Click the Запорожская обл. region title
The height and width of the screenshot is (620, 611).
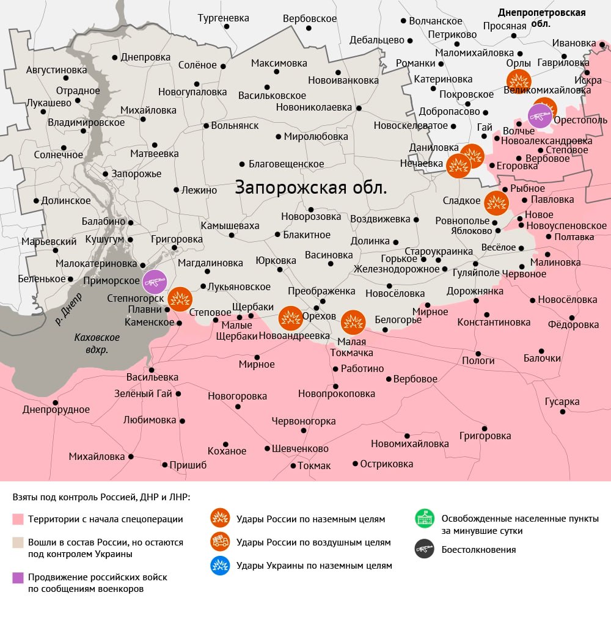311,187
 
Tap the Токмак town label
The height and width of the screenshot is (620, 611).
314,465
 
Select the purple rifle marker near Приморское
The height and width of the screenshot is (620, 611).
155,282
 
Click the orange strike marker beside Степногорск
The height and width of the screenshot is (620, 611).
180,299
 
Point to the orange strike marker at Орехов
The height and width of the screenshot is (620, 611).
290,318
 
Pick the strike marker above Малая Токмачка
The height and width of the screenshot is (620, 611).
353,322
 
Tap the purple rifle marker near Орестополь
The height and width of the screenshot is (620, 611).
540,116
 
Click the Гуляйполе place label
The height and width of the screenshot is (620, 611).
476,273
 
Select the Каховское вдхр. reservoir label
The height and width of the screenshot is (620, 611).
97,343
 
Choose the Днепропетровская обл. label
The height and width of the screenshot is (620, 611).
542,18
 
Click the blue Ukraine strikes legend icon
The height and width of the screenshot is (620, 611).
220,566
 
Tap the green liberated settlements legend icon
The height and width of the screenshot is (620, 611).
425,519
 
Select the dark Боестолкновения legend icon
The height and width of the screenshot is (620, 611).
425,549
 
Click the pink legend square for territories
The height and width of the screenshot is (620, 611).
18,519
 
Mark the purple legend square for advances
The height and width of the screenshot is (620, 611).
18,577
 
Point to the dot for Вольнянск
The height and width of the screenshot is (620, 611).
206,126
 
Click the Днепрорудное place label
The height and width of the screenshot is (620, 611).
56,410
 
